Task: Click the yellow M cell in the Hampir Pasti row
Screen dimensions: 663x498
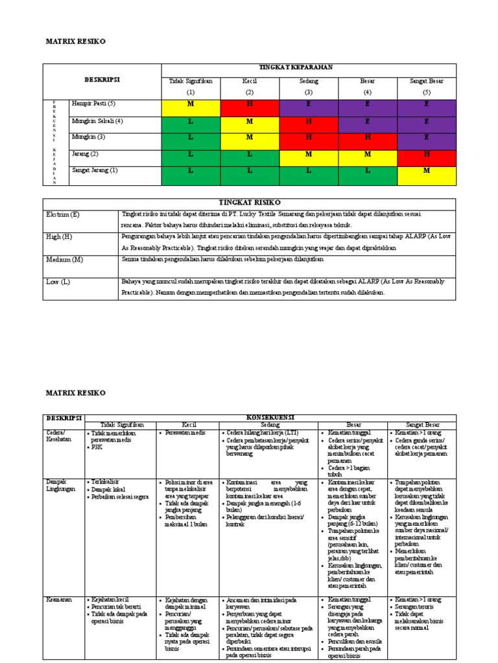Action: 191,104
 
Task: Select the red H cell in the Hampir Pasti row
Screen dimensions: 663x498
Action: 250,104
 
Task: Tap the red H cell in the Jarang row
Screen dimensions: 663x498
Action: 427,153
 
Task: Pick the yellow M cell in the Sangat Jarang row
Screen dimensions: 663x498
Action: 427,170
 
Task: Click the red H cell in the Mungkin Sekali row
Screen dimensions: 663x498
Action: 309,120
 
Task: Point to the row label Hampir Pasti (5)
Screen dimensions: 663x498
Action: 94,104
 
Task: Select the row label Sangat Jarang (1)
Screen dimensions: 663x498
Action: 95,170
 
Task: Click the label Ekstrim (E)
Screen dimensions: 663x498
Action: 64,214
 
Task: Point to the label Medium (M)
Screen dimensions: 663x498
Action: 64,259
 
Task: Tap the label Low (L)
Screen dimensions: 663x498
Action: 57,282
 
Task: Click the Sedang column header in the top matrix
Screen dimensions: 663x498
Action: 309,81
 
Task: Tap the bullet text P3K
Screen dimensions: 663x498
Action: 97,447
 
